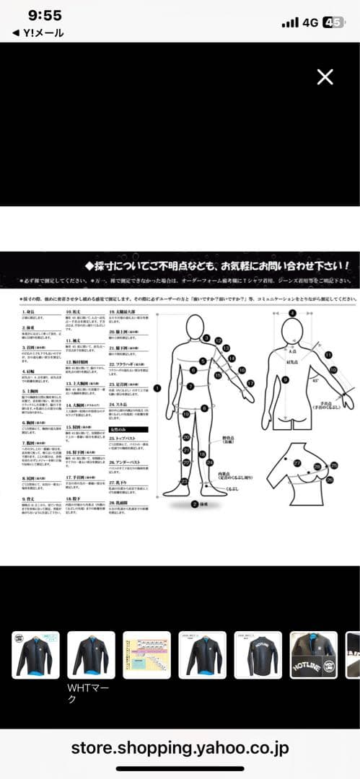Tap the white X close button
click(x=325, y=77)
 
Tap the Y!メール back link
click(x=38, y=33)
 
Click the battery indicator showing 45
click(x=333, y=22)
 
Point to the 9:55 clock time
click(x=45, y=16)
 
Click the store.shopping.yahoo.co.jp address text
click(x=180, y=748)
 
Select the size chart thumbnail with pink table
click(x=146, y=655)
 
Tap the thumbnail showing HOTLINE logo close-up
click(x=314, y=655)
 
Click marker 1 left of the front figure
click(x=157, y=388)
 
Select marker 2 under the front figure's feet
click(x=194, y=504)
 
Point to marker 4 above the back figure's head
click(x=292, y=313)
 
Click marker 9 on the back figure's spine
click(x=286, y=379)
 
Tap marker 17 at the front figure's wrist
click(x=250, y=382)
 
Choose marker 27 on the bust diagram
click(x=297, y=462)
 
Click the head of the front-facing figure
click(x=195, y=328)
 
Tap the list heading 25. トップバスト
click(x=125, y=438)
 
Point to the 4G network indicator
click(x=310, y=22)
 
